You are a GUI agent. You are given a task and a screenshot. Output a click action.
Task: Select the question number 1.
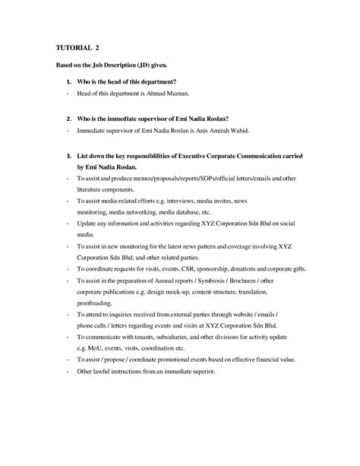pos(69,81)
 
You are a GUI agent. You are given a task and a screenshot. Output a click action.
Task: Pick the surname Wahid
pos(256,130)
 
